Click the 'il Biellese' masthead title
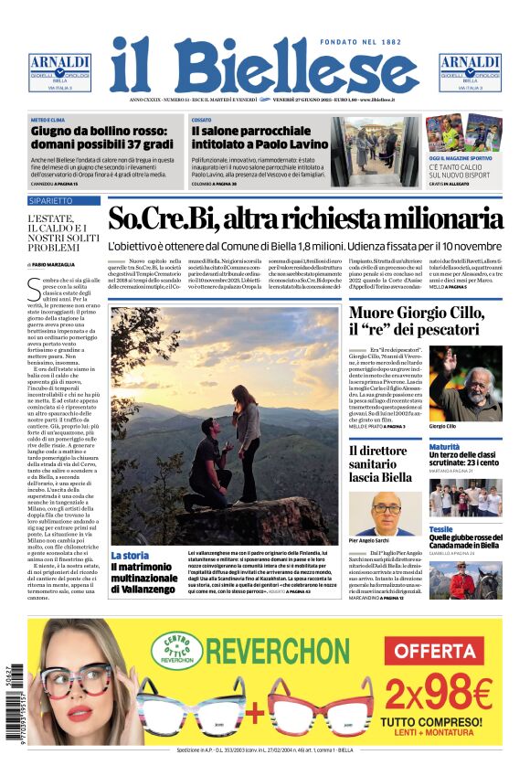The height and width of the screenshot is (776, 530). [x=264, y=67]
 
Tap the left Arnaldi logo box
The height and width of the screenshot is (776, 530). [x=59, y=71]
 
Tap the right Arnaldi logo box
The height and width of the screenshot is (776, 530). [x=470, y=71]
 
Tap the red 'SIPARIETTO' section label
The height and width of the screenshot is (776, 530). [x=51, y=200]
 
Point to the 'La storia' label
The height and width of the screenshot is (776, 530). [x=130, y=555]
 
